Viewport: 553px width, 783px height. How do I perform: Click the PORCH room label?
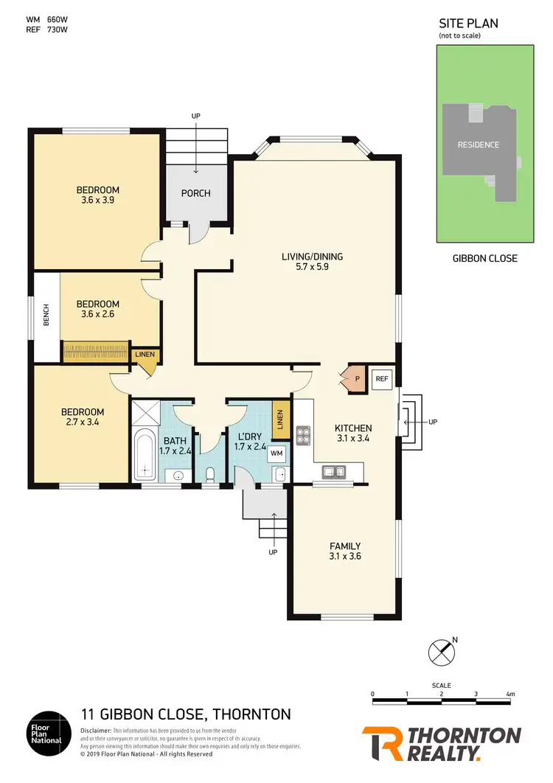195,193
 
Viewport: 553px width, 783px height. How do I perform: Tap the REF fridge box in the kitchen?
381,379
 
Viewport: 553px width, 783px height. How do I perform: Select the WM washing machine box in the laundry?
276,453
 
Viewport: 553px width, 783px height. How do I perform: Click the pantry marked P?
356,379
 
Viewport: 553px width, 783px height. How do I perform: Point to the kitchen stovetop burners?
302,434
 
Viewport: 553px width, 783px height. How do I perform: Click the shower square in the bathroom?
144,411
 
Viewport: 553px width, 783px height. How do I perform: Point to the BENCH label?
46,318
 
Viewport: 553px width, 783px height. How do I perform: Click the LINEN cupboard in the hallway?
145,355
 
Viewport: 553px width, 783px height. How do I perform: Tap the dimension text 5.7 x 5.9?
313,268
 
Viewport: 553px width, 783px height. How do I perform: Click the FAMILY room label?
344,546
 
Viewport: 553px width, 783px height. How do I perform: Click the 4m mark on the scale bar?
510,695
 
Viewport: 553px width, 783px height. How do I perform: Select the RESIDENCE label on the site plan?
478,145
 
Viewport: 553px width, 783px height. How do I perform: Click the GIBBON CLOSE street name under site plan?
484,258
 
